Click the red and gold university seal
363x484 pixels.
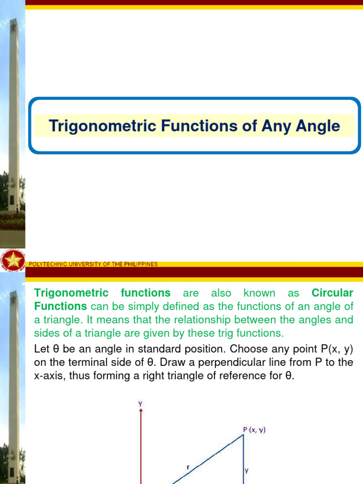point(13,260)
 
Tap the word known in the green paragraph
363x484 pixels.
point(259,293)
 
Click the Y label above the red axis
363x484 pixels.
point(140,404)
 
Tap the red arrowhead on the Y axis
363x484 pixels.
point(141,411)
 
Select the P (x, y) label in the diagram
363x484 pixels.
point(254,430)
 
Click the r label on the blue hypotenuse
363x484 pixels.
point(188,467)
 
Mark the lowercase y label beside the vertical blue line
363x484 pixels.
point(247,470)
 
